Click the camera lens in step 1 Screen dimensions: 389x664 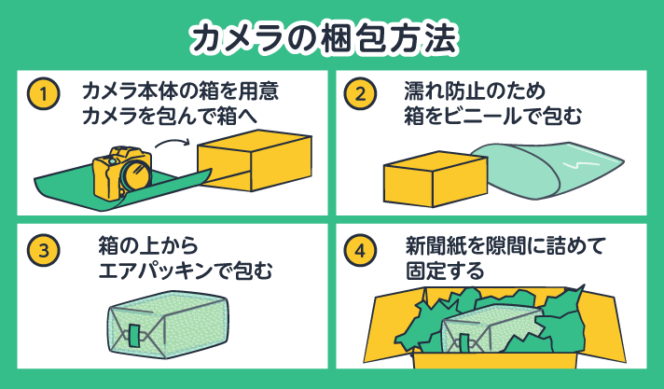click(136, 174)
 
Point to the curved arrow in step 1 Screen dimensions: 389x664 click(172, 143)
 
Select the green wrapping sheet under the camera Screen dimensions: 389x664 click(75, 185)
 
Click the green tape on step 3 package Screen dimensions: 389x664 click(133, 333)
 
